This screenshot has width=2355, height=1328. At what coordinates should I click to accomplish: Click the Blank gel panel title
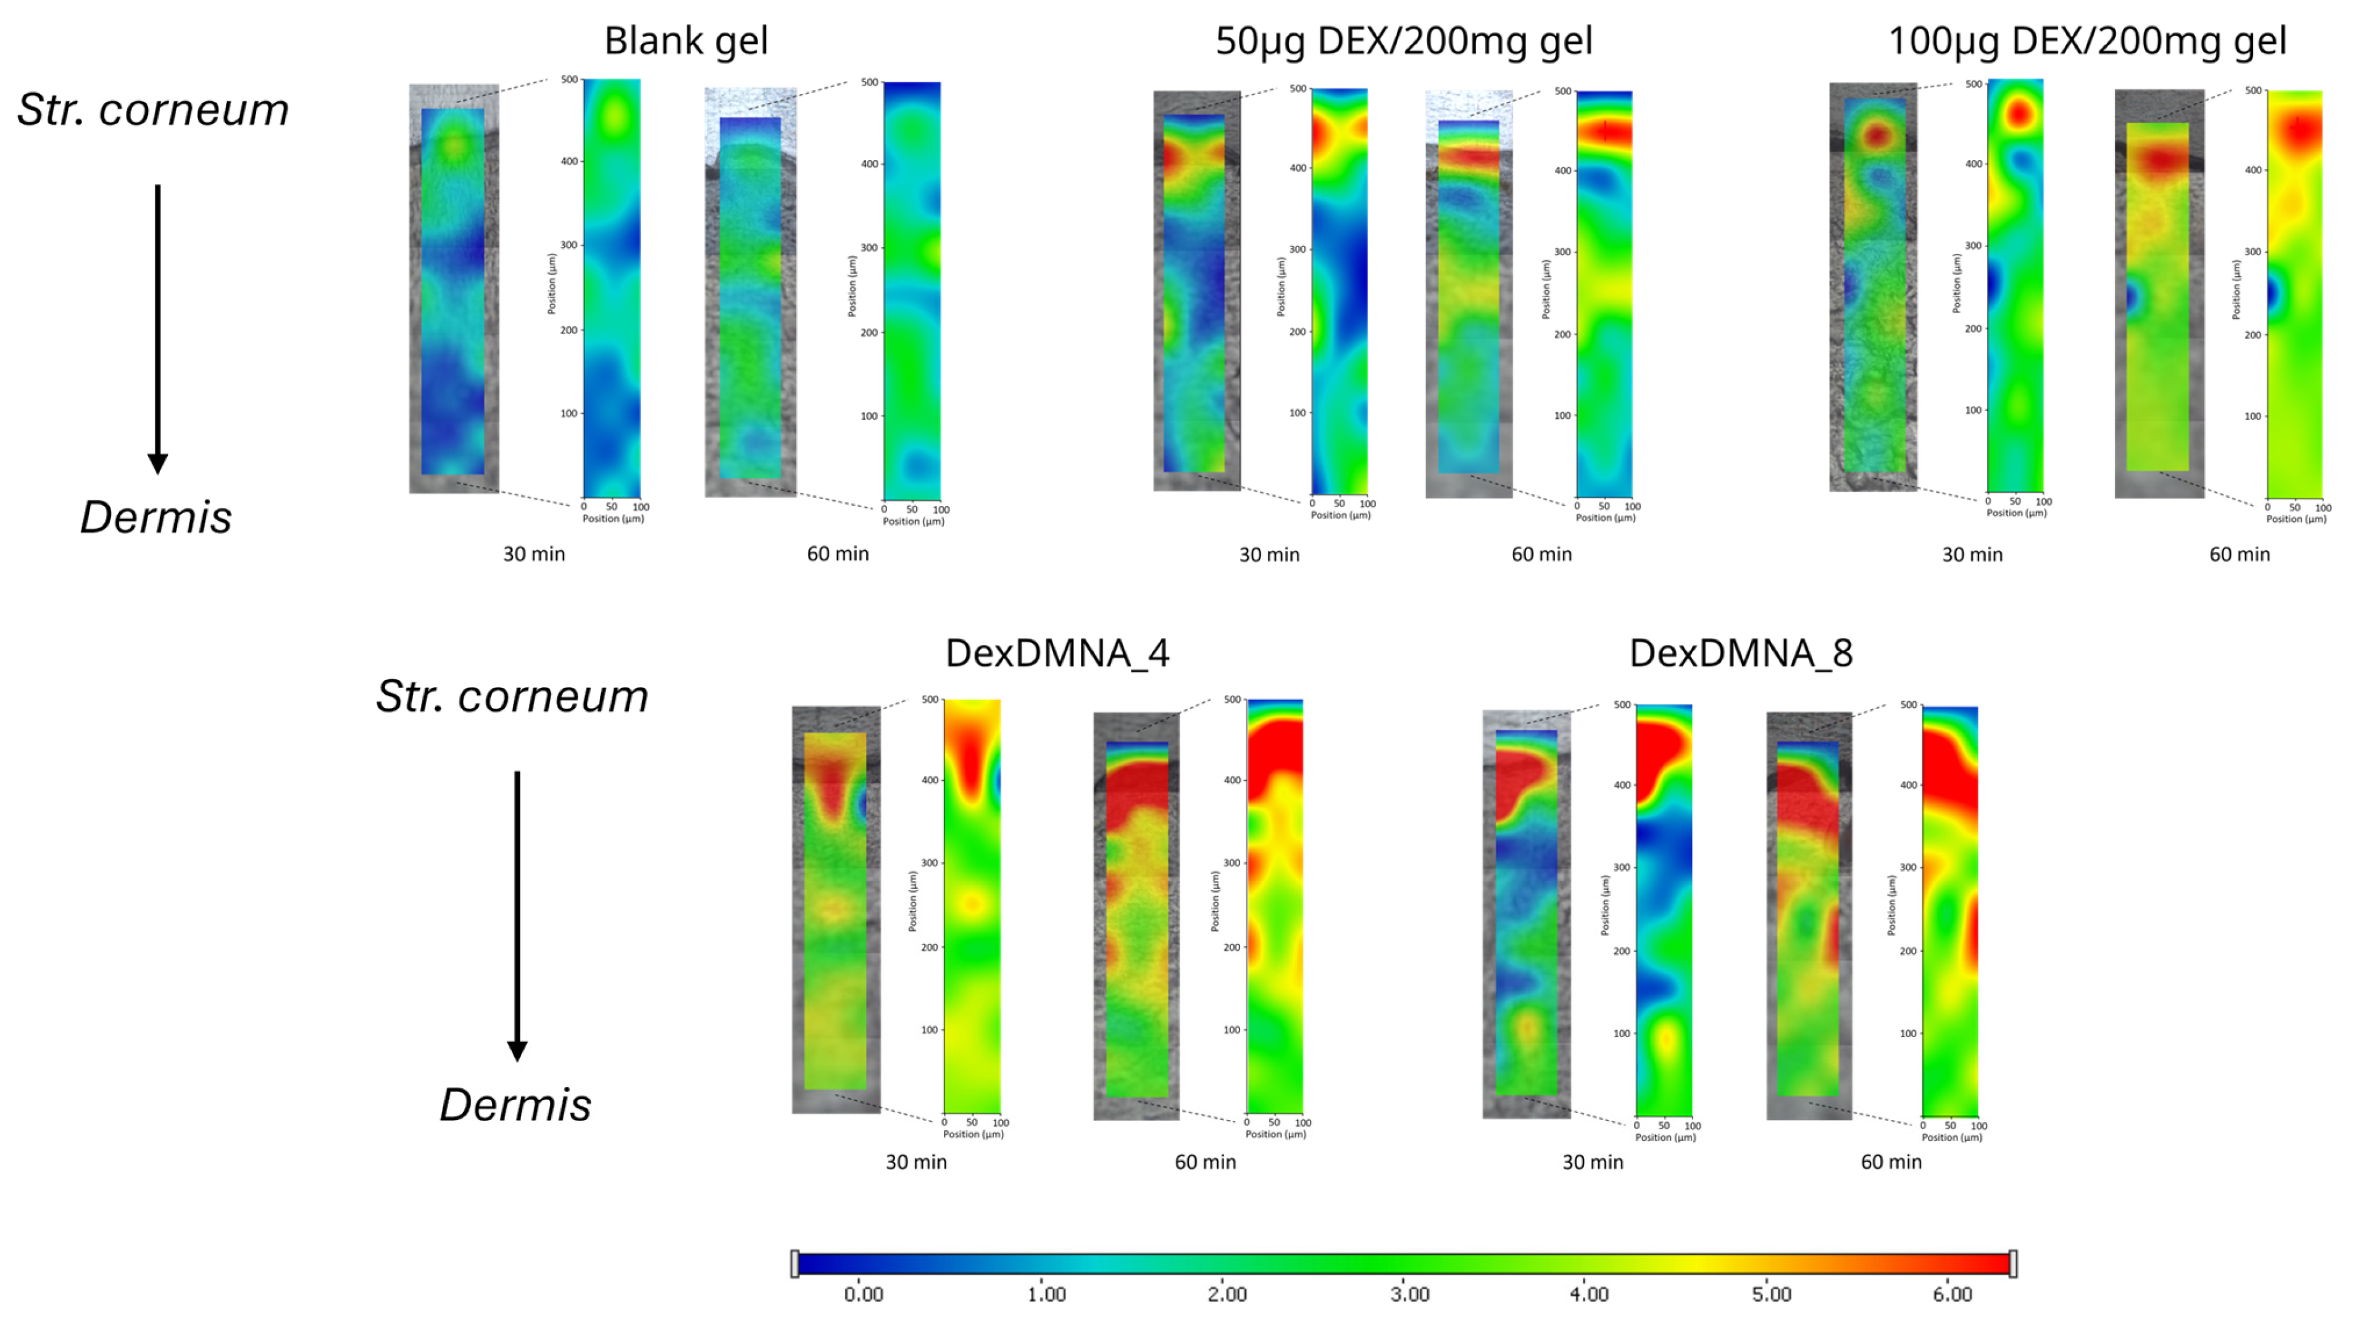[686, 41]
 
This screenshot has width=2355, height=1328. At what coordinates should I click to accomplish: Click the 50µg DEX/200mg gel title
[1403, 41]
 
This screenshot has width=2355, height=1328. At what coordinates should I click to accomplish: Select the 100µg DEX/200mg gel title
[2087, 41]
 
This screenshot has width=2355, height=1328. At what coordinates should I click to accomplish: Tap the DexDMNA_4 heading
[1057, 653]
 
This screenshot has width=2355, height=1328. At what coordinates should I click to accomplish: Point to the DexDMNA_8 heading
[1741, 653]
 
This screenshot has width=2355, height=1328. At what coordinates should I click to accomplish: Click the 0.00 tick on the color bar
[863, 1294]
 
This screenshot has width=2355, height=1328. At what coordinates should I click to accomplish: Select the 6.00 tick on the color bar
[1952, 1294]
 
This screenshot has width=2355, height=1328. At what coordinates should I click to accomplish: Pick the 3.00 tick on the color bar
[1409, 1294]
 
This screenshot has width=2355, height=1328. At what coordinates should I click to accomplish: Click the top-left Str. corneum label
[152, 110]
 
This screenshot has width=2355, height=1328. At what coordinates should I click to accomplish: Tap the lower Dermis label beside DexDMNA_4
[515, 1105]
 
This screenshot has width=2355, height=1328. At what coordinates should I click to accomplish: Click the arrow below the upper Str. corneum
[157, 329]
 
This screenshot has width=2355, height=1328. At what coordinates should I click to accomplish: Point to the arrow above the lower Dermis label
[517, 915]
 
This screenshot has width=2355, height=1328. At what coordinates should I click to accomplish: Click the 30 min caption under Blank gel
[534, 554]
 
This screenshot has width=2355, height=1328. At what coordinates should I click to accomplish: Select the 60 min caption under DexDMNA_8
[1891, 1162]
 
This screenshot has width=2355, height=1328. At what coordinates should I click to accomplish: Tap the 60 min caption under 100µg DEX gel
[2239, 554]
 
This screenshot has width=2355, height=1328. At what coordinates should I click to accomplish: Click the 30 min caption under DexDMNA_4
[916, 1162]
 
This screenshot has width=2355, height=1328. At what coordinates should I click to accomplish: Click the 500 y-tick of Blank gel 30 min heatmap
[569, 80]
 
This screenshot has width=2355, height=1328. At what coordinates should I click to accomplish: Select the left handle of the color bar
[794, 1264]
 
